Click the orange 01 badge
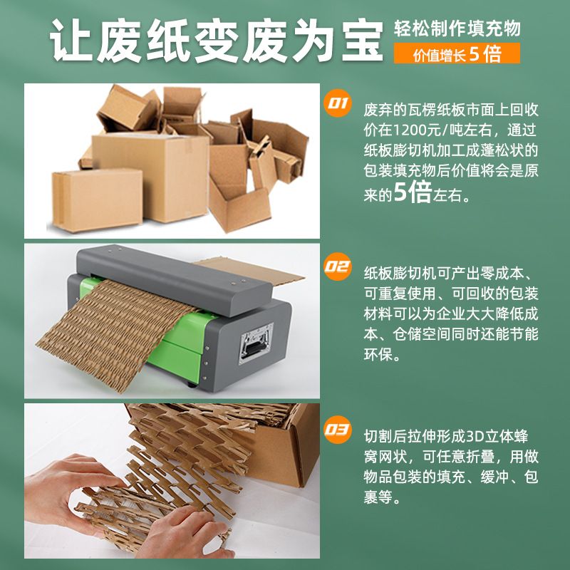tap(337, 103)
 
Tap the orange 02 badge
tap(337, 266)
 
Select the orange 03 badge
tap(337, 430)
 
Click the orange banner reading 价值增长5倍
tap(457, 53)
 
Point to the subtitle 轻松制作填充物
tap(457, 28)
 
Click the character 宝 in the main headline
tap(362, 41)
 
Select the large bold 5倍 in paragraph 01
tap(413, 192)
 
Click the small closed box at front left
tap(97, 200)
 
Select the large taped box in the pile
tap(150, 176)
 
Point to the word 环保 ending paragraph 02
tap(378, 354)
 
